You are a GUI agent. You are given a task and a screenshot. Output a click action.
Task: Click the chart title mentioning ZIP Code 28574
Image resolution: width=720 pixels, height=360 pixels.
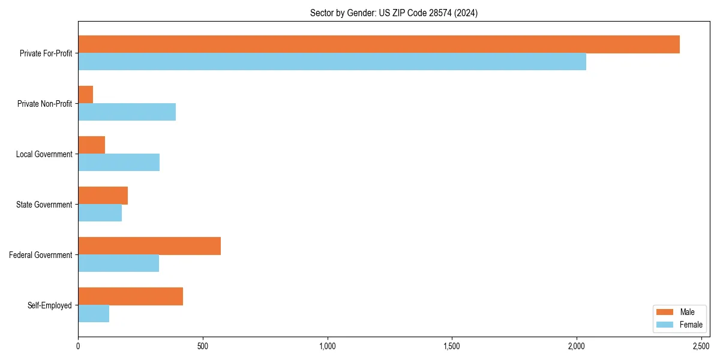394,13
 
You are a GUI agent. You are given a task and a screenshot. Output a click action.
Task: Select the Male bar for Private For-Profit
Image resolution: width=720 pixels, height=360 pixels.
379,44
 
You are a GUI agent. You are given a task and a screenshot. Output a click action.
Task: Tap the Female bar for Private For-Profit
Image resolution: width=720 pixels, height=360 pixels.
332,62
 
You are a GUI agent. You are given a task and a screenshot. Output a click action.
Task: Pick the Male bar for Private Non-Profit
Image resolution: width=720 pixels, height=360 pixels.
86,95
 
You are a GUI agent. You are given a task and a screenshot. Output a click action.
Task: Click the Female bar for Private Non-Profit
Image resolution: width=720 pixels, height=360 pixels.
127,112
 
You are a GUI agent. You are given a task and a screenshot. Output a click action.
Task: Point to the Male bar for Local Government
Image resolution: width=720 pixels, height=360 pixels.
92,145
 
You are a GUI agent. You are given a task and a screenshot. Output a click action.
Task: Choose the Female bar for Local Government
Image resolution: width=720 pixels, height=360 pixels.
119,163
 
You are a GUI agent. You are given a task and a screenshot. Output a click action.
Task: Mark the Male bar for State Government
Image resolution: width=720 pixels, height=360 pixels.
103,196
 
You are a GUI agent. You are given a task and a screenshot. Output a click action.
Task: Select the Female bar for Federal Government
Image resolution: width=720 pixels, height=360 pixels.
118,263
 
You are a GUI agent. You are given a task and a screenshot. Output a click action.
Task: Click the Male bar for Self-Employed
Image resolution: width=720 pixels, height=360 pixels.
130,296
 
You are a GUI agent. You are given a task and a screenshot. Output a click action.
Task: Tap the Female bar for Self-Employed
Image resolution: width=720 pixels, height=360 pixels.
94,314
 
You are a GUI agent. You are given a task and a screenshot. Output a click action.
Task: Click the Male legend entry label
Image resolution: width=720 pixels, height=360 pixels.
687,312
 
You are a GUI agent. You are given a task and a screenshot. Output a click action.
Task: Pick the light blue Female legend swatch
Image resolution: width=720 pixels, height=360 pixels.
665,325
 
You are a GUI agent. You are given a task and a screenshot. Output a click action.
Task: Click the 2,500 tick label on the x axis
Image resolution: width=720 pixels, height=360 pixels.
701,346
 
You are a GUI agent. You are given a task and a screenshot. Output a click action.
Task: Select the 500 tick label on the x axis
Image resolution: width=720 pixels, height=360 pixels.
203,346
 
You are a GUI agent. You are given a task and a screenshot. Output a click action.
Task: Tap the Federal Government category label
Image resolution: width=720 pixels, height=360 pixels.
41,255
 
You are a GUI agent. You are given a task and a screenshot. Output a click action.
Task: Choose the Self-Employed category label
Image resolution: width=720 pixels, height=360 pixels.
50,305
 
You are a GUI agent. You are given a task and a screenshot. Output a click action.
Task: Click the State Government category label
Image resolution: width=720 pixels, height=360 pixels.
44,205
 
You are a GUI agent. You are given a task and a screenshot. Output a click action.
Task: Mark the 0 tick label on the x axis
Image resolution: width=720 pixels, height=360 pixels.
78,346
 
